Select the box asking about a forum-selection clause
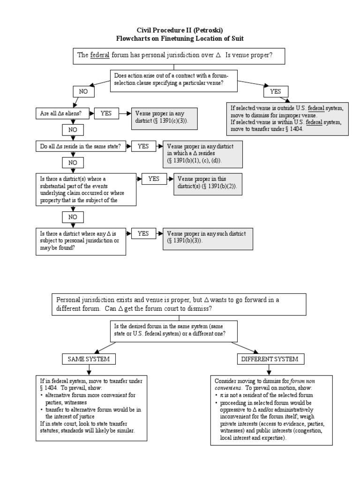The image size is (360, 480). click(173, 79)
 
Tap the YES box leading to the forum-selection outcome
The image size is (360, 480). click(275, 91)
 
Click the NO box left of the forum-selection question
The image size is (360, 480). click(83, 91)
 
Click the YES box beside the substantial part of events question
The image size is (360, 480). click(154, 179)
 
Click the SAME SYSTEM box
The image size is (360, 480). click(89, 359)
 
